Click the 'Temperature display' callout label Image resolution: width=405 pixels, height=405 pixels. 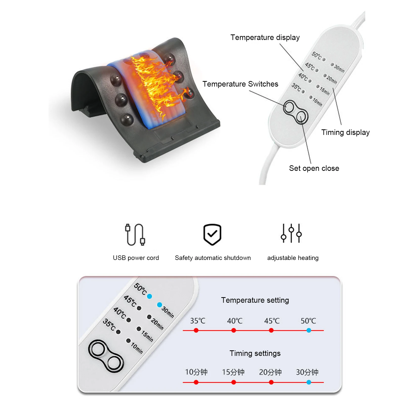(x=265, y=37)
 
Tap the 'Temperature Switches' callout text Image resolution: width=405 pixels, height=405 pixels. (x=240, y=84)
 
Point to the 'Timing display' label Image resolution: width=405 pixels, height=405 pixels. (x=345, y=132)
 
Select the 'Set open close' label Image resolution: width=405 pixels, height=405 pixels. (x=314, y=168)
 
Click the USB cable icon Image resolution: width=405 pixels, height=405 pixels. (x=135, y=235)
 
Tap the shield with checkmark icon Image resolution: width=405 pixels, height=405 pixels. (x=212, y=234)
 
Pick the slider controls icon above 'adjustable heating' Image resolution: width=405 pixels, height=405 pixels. (x=291, y=233)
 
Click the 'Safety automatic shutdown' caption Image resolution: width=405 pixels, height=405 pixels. (x=213, y=258)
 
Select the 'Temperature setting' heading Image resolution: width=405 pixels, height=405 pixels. (x=255, y=300)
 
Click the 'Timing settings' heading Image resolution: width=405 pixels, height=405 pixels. (x=255, y=353)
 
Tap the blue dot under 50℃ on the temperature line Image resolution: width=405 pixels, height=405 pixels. (x=309, y=330)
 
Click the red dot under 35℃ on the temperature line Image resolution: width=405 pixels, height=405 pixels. (x=196, y=330)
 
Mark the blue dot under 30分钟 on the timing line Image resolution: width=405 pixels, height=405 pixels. (x=309, y=382)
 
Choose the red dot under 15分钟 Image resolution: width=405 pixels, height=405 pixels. (x=234, y=382)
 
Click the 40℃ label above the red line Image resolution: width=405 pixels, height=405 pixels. (x=235, y=321)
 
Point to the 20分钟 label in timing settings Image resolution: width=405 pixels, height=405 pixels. (x=270, y=372)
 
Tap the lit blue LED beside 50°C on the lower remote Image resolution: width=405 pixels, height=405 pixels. (x=150, y=296)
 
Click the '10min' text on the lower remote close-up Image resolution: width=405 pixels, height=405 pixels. (x=137, y=348)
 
